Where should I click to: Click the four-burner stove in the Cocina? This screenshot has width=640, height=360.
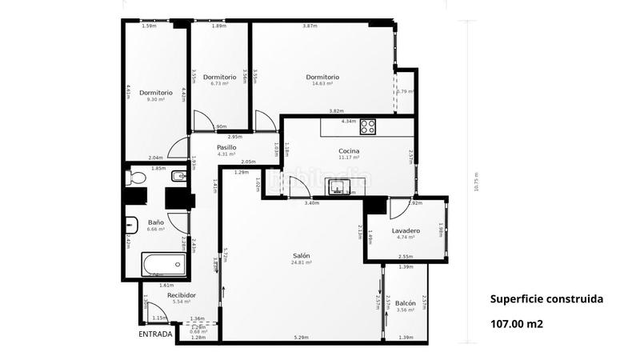[368, 126]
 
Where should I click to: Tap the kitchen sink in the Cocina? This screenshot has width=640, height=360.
[339, 187]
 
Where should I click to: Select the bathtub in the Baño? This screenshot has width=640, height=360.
[163, 264]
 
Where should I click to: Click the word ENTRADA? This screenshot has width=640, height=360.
[155, 334]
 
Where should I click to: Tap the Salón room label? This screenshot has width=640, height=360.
[302, 255]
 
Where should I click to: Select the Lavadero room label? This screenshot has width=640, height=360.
[406, 230]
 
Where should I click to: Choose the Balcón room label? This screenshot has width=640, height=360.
[406, 303]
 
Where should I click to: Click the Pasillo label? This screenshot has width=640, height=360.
[226, 147]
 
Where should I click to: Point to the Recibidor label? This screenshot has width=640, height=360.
[182, 295]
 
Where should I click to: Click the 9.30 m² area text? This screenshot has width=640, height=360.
[155, 99]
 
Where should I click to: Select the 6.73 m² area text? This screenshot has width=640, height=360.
[219, 83]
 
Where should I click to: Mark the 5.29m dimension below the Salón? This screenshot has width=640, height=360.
[301, 338]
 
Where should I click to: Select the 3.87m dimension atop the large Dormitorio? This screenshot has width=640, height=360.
[310, 26]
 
